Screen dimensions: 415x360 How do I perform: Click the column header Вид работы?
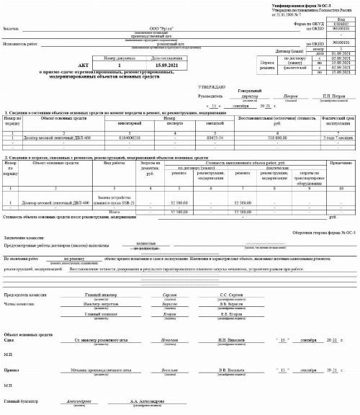click(115, 164)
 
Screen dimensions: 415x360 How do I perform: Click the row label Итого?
click(114, 212)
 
